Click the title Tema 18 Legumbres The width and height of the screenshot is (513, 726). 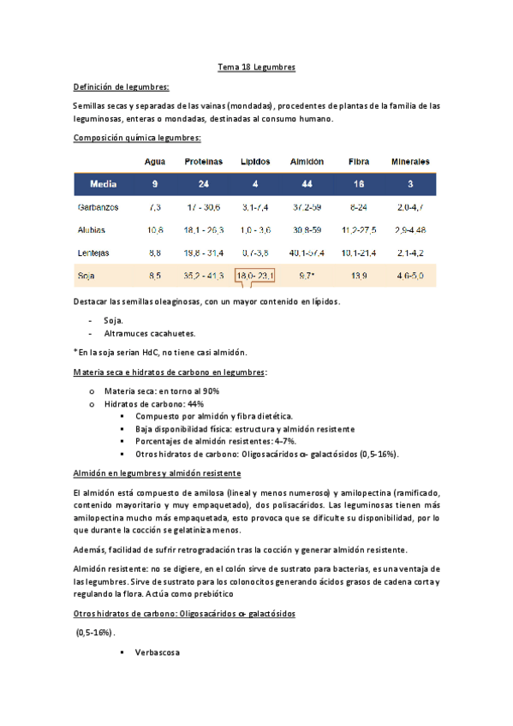tap(256, 68)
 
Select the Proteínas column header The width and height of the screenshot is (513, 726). tap(204, 161)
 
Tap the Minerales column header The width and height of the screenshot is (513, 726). tap(410, 161)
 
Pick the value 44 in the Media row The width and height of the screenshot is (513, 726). tap(306, 184)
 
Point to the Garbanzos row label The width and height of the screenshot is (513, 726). tap(98, 207)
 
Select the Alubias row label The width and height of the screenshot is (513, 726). tap(92, 230)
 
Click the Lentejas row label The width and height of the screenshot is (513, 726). tap(94, 253)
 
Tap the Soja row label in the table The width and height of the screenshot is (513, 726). tap(86, 276)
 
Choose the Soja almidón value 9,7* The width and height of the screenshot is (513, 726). tap(307, 276)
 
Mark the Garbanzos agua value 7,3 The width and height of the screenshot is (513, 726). tap(155, 207)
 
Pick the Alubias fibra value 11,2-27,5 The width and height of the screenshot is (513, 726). tap(359, 230)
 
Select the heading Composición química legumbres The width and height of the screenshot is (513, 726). tap(137, 137)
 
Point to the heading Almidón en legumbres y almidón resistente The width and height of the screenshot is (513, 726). tap(157, 473)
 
